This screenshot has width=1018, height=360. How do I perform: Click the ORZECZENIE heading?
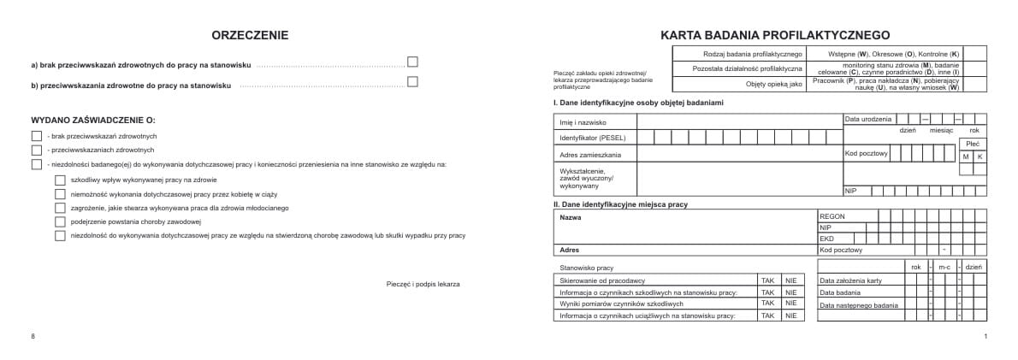(249, 35)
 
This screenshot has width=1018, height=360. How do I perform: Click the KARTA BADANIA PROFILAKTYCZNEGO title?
(775, 35)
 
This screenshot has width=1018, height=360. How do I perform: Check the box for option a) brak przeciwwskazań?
(412, 62)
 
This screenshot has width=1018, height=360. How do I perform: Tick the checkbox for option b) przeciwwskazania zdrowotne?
(412, 82)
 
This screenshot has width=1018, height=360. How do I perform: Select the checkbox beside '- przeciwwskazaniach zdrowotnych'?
(36, 150)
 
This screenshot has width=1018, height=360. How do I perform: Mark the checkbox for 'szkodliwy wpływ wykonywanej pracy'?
(60, 180)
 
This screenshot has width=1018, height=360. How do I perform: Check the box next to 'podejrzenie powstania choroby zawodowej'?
(60, 221)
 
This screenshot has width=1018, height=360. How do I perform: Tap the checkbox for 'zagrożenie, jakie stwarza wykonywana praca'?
(60, 207)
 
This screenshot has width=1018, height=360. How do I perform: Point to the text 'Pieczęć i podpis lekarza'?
(423, 283)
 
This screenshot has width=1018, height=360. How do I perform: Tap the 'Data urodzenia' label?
(867, 118)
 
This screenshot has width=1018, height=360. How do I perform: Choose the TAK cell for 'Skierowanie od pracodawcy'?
(767, 280)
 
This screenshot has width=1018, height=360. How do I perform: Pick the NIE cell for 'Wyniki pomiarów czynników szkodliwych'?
(791, 303)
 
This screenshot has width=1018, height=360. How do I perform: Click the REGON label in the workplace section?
(832, 216)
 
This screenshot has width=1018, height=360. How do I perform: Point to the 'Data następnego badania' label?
(858, 304)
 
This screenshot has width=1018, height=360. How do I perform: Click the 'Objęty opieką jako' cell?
(774, 84)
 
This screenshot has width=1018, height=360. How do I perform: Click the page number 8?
(33, 337)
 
